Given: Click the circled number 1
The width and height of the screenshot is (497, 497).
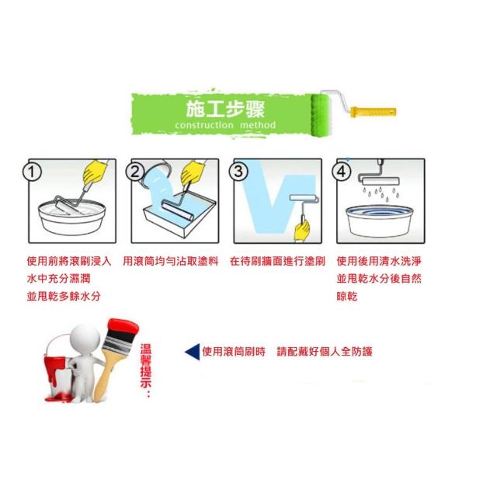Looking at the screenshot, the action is pos(32,172).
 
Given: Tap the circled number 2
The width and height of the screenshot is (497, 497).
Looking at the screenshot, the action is pos(135,172).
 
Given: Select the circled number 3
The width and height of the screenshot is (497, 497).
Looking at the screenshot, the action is pos(238,172).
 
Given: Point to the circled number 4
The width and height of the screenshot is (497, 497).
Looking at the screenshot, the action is pos(342,172).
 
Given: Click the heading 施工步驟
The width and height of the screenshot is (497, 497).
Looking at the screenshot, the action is pos(225,109).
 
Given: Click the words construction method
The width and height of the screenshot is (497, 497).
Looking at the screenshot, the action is pos(225,125).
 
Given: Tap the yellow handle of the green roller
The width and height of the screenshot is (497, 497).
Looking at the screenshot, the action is pos(373,112).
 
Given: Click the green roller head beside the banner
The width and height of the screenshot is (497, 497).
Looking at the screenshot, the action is pos(321,114).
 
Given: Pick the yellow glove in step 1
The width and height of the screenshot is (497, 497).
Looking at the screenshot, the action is pos(95,172).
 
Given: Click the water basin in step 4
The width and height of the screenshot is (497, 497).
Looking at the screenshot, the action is pos(379,221).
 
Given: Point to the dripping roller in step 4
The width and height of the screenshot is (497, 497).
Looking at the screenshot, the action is pos(378,179).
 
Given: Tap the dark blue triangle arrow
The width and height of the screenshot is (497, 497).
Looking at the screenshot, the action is pos(193,352).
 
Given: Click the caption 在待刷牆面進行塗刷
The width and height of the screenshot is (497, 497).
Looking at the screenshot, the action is pos(277,261).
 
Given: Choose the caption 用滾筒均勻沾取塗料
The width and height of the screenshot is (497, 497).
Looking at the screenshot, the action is pos(171,261).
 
